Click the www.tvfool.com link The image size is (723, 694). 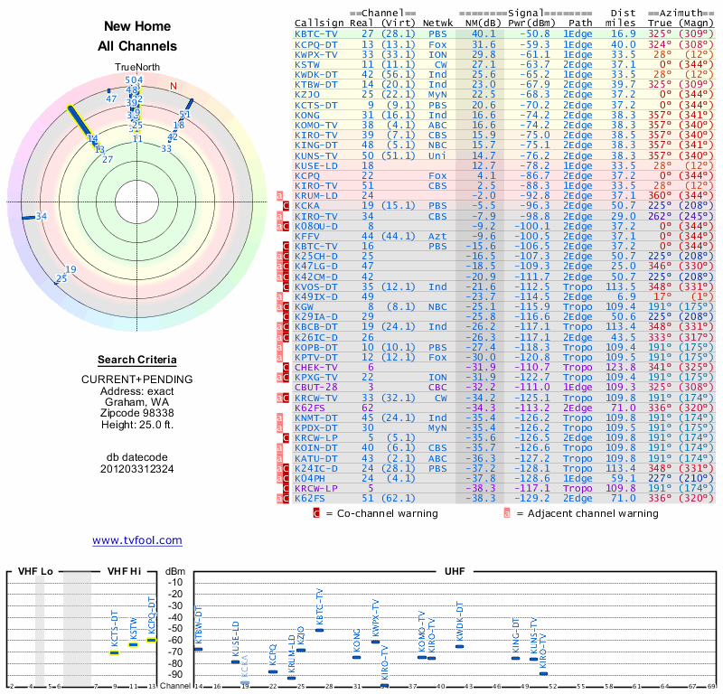coord(136,540)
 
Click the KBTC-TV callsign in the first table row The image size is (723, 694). coord(317,33)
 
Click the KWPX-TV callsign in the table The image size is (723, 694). coord(317,54)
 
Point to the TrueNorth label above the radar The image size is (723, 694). coord(136,68)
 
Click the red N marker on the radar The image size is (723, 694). coord(174,86)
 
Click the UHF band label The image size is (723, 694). coord(455,572)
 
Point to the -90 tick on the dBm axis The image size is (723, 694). coord(174,674)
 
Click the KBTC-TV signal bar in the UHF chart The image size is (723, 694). coord(319,630)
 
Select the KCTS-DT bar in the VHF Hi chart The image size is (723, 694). coord(115,652)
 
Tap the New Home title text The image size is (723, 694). coord(136,27)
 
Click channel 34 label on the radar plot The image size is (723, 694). coord(41,216)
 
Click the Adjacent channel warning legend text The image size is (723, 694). coord(587,513)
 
